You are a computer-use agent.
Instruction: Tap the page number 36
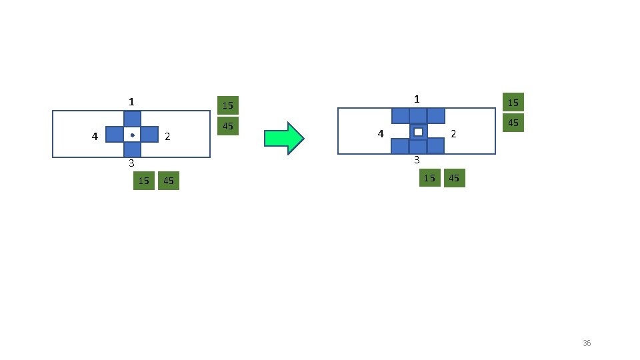587,343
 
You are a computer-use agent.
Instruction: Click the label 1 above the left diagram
132,102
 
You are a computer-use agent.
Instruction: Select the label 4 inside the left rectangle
95,136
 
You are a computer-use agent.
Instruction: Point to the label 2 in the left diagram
167,137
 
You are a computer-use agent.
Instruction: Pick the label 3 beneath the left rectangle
132,163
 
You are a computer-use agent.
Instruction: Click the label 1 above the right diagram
417,99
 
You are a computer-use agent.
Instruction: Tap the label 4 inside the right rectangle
381,133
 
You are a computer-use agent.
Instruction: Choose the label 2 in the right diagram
453,134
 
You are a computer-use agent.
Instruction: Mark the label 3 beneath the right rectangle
417,160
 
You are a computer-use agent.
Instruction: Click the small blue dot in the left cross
132,135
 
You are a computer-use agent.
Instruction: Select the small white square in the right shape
418,132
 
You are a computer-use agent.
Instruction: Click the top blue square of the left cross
132,119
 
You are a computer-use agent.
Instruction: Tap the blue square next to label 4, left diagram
115,135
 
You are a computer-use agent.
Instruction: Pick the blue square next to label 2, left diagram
149,135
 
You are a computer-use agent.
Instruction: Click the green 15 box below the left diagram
143,181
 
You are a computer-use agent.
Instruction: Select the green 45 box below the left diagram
169,181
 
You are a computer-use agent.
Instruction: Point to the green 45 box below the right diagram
454,178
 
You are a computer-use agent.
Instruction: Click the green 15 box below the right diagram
430,178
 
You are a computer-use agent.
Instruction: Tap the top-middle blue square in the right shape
418,115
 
